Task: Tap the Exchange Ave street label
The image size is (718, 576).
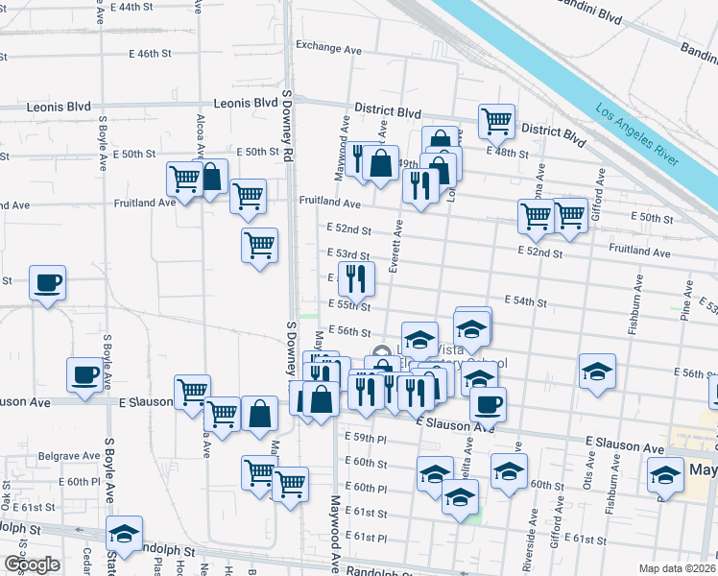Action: click(x=328, y=46)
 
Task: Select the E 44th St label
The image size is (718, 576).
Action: click(x=133, y=7)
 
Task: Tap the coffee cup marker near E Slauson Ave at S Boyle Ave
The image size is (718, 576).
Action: click(x=84, y=374)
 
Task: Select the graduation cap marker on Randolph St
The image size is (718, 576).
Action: click(x=124, y=533)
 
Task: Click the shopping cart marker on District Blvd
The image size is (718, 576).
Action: click(x=496, y=121)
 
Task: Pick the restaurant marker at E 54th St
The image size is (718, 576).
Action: click(x=355, y=277)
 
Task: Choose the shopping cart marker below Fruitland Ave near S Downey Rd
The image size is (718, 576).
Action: click(x=259, y=246)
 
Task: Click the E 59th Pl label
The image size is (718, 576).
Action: click(x=365, y=438)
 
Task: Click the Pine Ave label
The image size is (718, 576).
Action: click(x=686, y=300)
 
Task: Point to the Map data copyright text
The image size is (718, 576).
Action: click(x=678, y=567)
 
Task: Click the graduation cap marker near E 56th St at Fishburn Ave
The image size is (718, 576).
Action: click(x=597, y=372)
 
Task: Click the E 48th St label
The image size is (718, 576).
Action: click(x=507, y=152)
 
